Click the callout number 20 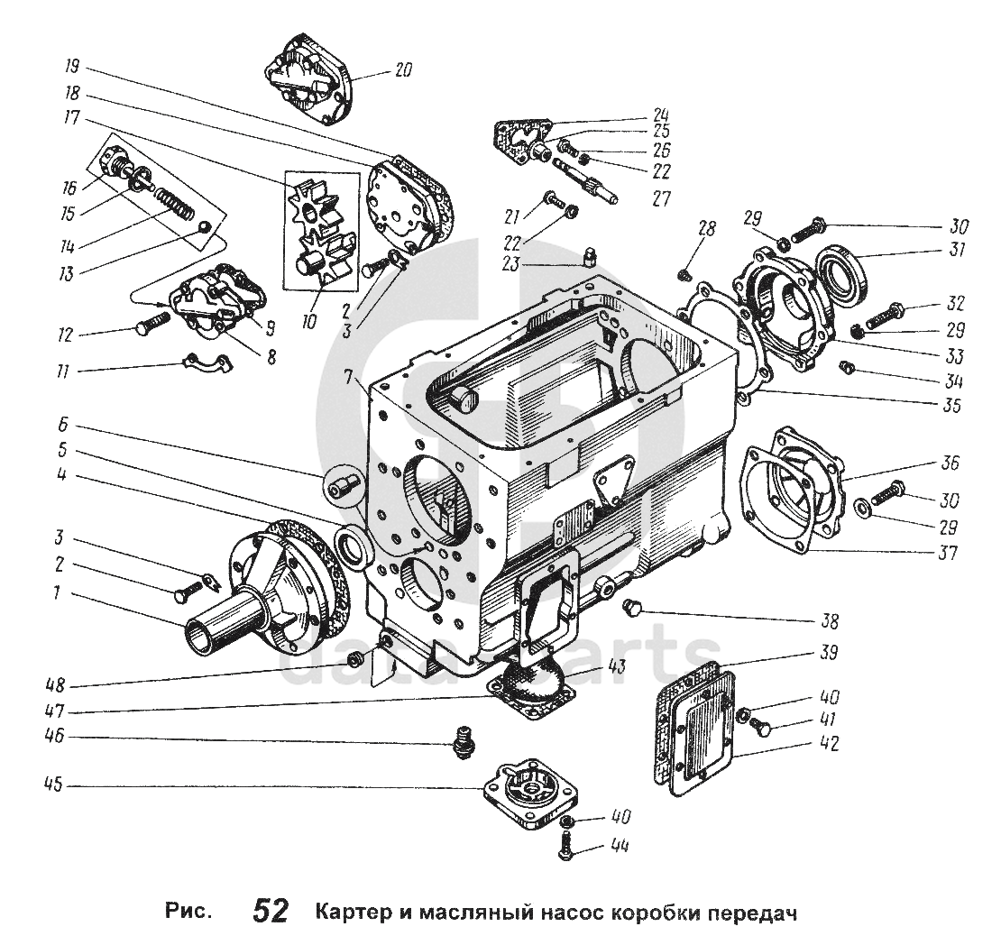(x=403, y=69)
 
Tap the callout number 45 (x=54, y=784)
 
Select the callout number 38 (x=829, y=620)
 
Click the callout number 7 (x=347, y=377)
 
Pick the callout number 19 (x=71, y=67)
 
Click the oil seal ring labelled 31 (x=842, y=271)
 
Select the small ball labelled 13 (x=204, y=225)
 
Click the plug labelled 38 (x=633, y=607)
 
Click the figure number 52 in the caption (x=271, y=912)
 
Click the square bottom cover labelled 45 (x=529, y=794)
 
